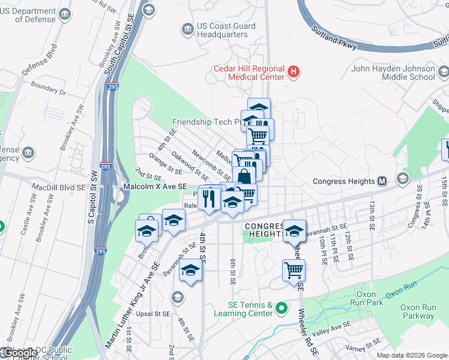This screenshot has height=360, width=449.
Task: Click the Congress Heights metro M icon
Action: click(382, 181)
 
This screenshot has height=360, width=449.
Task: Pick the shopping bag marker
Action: click(244, 177)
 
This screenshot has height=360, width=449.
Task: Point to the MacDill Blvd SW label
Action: click(60, 188)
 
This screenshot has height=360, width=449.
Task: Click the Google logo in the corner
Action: click(19, 353)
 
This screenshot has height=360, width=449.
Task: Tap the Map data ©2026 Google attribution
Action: click(412, 355)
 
